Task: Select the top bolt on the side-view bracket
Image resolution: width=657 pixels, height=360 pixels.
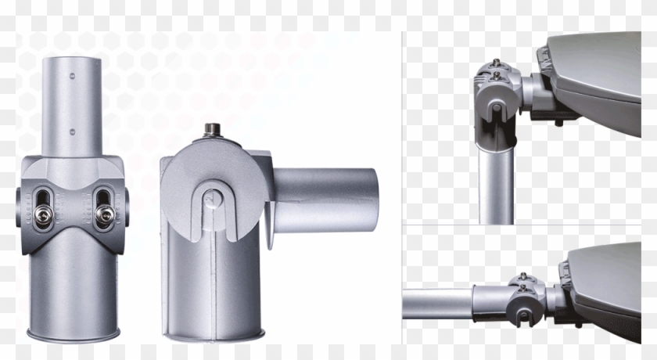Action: pos(212,128)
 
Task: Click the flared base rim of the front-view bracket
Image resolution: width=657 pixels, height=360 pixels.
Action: pos(74,336)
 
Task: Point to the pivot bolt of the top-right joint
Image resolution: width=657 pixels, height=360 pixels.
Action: pos(495,108)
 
